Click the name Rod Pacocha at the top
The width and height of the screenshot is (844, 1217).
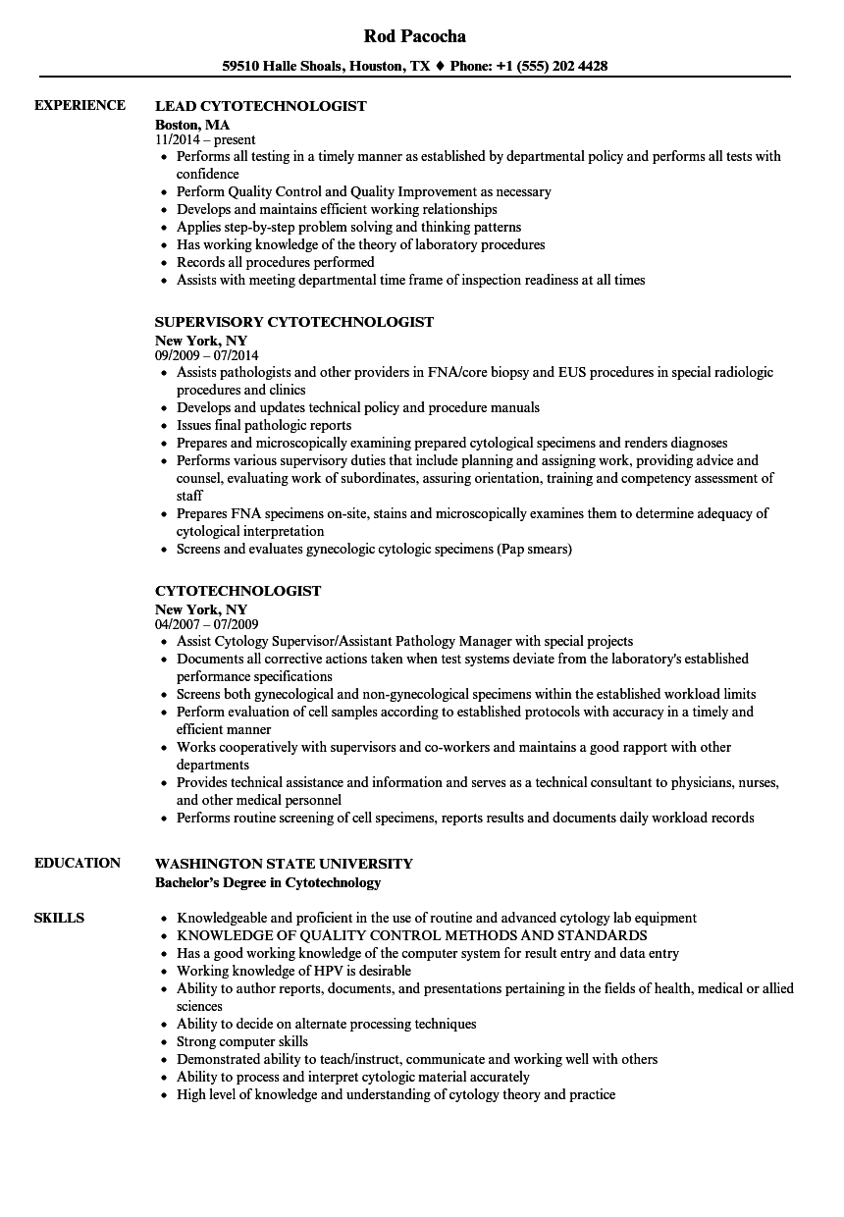(x=414, y=36)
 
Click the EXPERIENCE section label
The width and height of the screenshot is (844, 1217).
(x=79, y=105)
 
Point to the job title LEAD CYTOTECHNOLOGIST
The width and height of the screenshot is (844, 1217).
(x=261, y=106)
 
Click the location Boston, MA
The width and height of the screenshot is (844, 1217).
(x=192, y=125)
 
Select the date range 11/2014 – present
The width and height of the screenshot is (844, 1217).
(x=205, y=140)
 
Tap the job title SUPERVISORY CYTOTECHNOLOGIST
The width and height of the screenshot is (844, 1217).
(x=294, y=322)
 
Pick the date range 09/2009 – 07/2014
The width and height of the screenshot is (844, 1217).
(x=207, y=356)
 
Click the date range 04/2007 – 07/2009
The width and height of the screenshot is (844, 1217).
(x=207, y=624)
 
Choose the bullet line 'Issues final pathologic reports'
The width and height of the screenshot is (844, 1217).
(x=264, y=425)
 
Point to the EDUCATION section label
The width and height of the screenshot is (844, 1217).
(x=78, y=863)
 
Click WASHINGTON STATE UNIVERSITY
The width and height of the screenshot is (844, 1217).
(x=284, y=864)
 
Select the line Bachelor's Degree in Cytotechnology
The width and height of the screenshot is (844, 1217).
(x=268, y=882)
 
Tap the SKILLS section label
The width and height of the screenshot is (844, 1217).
(x=59, y=918)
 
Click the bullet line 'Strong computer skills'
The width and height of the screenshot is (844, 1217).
(x=242, y=1041)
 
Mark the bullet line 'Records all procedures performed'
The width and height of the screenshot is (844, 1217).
(x=276, y=262)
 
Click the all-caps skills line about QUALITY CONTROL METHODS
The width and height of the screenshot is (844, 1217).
(x=412, y=935)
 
